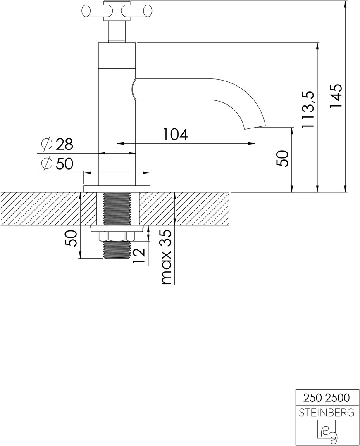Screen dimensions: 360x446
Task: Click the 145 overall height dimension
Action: click(335, 96)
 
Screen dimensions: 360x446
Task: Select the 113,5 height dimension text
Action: click(308, 109)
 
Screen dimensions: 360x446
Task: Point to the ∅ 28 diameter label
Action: click(57, 144)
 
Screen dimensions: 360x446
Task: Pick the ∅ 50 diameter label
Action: click(57, 164)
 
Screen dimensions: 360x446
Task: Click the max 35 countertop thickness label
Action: click(167, 257)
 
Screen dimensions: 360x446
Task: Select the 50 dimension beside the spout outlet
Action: click(283, 159)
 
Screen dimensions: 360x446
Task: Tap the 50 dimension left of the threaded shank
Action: click(71, 238)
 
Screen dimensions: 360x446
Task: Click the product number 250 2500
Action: click(327, 397)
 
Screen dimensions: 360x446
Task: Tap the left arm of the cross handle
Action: click(93, 12)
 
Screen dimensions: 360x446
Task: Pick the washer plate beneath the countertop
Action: click(117, 228)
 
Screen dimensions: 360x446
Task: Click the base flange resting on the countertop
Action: click(117, 189)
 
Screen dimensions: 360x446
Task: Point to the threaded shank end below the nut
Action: click(117, 249)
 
